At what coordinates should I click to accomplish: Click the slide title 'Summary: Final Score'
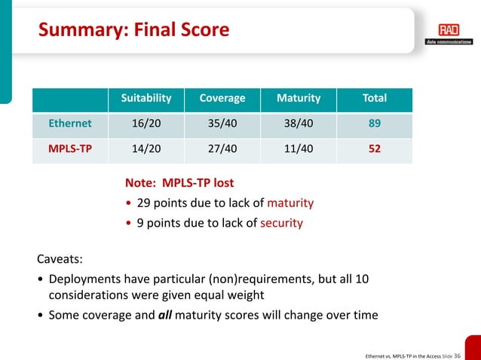coord(134,31)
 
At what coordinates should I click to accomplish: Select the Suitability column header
coord(147,98)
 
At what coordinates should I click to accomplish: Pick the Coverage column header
coord(222,98)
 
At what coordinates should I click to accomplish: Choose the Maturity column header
coord(299,98)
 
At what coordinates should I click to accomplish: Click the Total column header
coord(375,98)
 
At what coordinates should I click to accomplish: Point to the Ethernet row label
coord(70,124)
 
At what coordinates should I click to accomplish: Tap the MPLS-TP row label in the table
coord(70,148)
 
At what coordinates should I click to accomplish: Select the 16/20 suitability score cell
coord(147,124)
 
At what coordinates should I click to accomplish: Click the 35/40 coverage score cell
coord(222,124)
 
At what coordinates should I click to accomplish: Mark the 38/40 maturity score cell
coord(299,124)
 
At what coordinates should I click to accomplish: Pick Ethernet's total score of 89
coord(375,124)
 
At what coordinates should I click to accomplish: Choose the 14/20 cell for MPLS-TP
coord(147,148)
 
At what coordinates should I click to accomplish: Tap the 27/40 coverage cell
coord(222,148)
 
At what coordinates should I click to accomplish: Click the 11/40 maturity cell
coord(299,148)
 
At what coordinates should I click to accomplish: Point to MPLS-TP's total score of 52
coord(375,148)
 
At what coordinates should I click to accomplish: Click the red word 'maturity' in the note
coord(290,203)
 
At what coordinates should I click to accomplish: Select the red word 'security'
coord(281,223)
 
